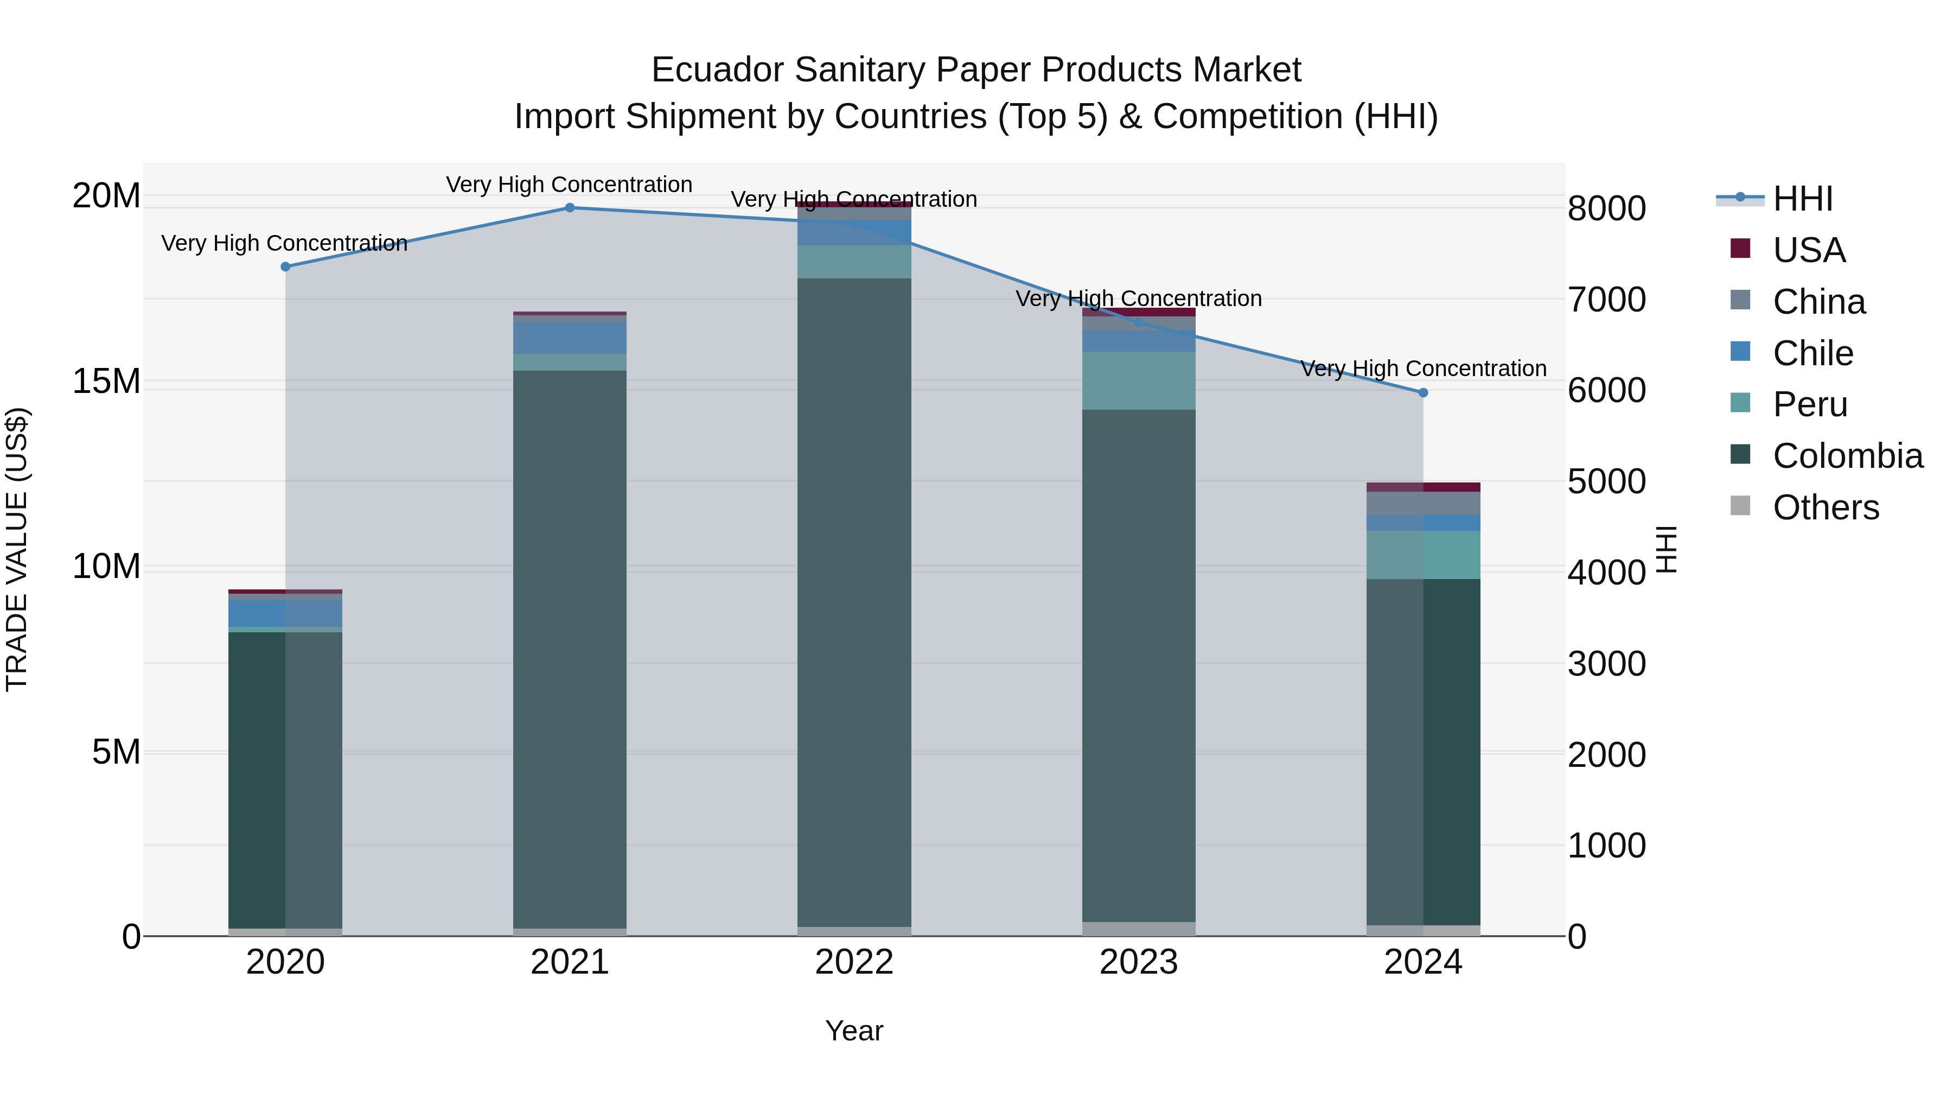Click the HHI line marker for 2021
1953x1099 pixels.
tap(570, 208)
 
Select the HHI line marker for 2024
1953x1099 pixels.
tap(1423, 393)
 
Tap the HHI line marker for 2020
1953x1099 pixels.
tap(285, 267)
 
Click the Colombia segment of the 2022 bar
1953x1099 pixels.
tap(854, 603)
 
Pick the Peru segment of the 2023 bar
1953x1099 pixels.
tap(1139, 381)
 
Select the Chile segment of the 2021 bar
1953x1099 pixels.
tap(570, 338)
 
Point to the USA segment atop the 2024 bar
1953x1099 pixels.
tap(1423, 487)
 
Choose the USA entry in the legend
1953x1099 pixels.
tap(1808, 250)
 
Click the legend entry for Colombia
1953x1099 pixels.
tap(1847, 456)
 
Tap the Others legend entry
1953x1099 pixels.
tap(1825, 507)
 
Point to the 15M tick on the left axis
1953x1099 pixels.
tap(106, 382)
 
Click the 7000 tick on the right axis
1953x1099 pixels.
tap(1606, 300)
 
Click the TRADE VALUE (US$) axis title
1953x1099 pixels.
tap(17, 549)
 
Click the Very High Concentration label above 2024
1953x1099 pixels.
tap(1423, 369)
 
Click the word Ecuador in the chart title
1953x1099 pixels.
tap(717, 70)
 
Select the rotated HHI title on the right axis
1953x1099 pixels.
tap(1665, 549)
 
